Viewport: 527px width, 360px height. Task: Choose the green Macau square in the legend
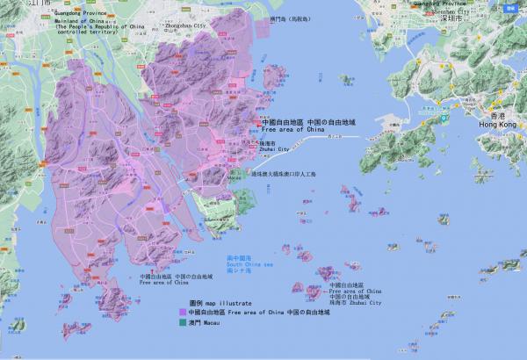click(182, 323)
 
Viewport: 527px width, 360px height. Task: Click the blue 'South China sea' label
click(251, 264)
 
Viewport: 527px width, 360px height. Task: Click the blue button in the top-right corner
click(512, 7)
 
